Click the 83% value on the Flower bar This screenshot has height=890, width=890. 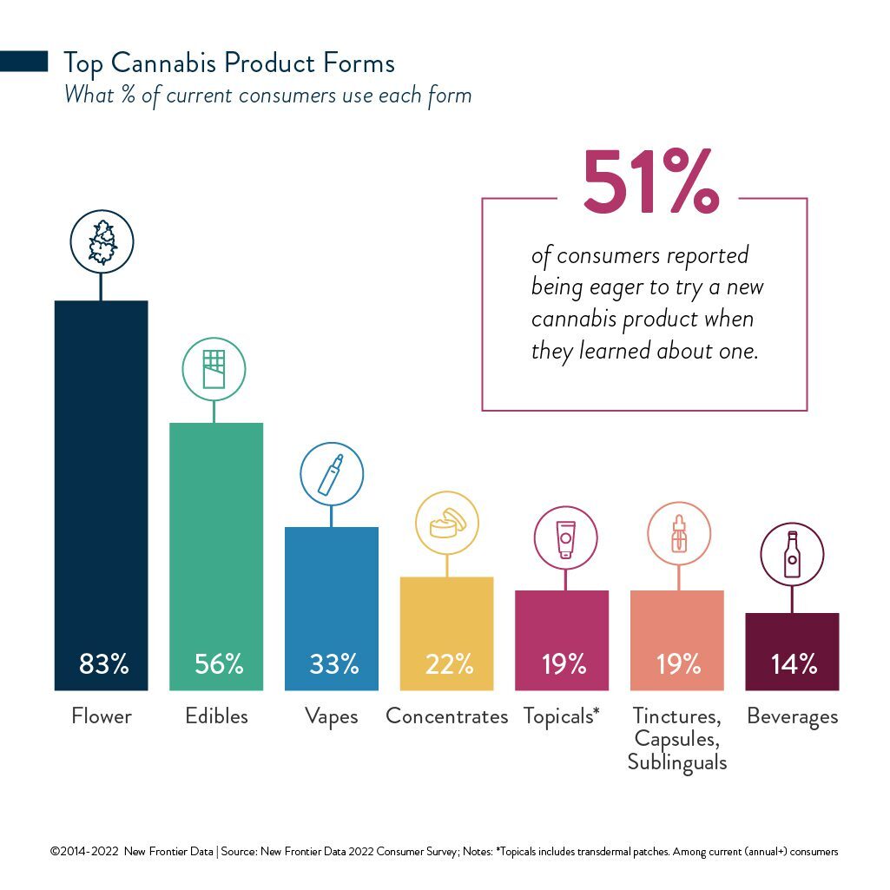104,663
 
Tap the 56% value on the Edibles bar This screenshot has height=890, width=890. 219,663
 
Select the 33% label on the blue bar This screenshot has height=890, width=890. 333,663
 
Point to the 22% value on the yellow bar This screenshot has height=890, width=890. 449,663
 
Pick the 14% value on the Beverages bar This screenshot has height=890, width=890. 794,663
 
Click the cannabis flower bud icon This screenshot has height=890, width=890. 102,241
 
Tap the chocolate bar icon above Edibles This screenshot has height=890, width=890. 214,369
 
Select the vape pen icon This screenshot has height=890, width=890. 331,474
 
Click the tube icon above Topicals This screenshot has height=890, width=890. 565,539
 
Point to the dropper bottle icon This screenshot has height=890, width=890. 679,533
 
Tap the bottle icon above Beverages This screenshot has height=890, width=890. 793,555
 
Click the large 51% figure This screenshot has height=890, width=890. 651,181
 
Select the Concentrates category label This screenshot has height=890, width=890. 446,716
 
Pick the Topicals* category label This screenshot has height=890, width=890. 562,717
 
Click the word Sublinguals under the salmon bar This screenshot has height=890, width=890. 677,762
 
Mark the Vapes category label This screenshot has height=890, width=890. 332,717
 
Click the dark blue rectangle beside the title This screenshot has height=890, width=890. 23,62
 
